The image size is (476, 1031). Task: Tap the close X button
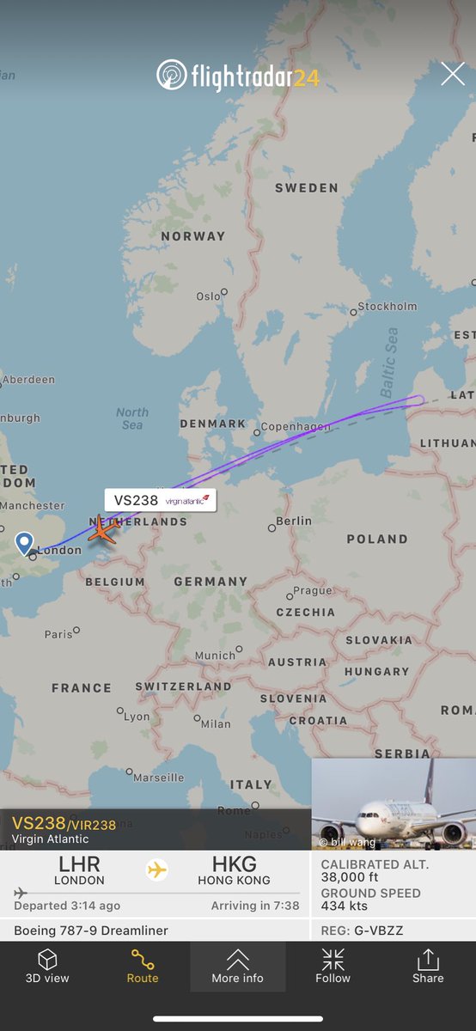pos(453,75)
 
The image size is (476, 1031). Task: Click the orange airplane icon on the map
pos(102,530)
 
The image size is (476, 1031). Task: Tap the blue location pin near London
pos(24,543)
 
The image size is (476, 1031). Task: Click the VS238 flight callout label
pos(160,500)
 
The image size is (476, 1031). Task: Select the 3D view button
pos(47,966)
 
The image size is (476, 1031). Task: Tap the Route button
pos(143,966)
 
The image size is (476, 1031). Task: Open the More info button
pos(237,966)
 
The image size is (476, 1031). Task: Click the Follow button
pos(333,966)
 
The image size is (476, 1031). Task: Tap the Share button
pos(427,966)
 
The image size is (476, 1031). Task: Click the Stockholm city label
pos(387,306)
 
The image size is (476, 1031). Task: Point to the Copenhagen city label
pos(295,426)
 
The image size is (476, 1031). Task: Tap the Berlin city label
pos(294,521)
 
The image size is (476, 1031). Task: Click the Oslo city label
pos(208,296)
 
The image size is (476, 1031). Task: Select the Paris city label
pos(58,634)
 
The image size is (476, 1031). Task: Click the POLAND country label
pos(376,539)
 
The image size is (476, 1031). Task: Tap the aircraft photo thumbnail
pos(394,804)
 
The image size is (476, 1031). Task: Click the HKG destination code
pos(234,864)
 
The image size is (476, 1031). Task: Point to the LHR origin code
pos(79,864)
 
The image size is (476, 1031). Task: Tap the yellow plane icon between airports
pos(156,870)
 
